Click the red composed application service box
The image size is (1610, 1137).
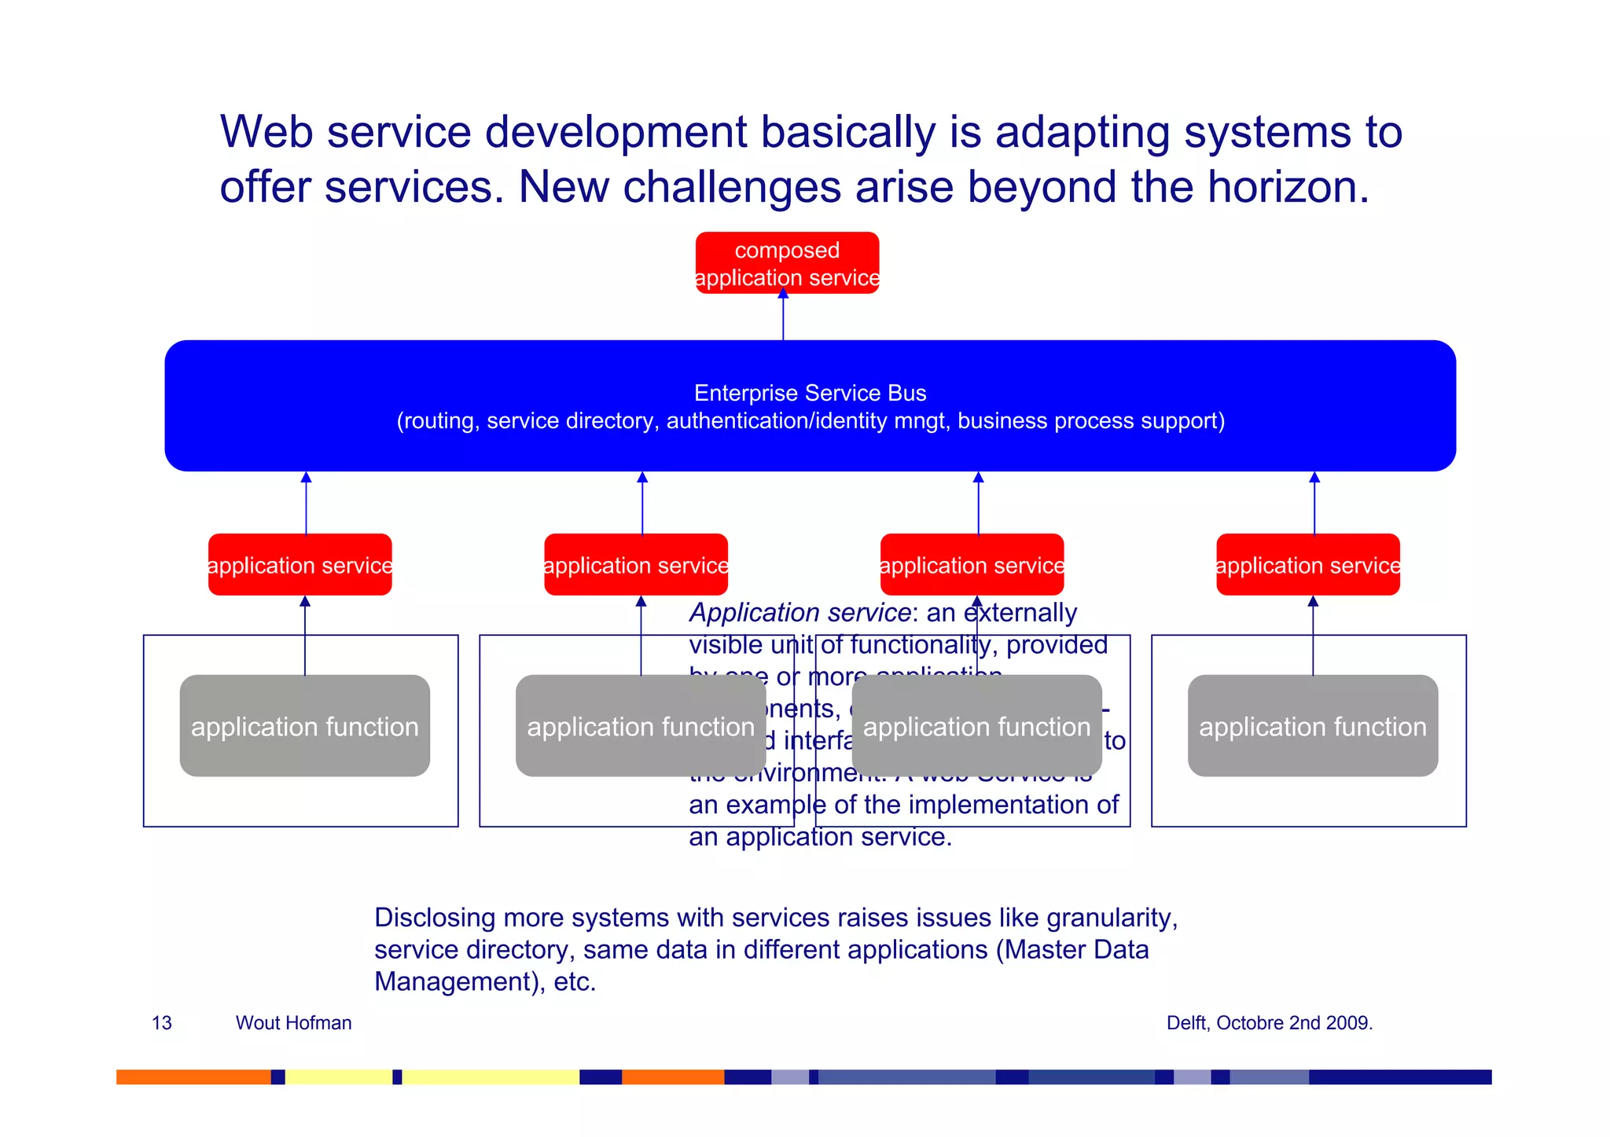(787, 263)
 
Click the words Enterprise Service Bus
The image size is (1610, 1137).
(810, 393)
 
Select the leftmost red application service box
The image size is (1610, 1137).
(300, 565)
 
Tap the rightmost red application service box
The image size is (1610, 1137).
(1307, 565)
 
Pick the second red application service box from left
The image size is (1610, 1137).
(635, 565)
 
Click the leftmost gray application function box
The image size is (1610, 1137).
(304, 726)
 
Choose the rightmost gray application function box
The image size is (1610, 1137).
(1312, 726)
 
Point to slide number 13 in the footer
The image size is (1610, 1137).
(161, 1023)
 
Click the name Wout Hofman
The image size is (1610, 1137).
(293, 1023)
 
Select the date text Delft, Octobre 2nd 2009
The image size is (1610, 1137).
(1269, 1023)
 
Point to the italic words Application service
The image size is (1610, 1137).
(799, 612)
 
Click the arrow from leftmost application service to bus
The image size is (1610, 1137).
(306, 503)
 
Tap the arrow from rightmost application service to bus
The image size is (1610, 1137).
(1314, 503)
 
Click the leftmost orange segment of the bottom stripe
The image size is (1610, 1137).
(193, 1077)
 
